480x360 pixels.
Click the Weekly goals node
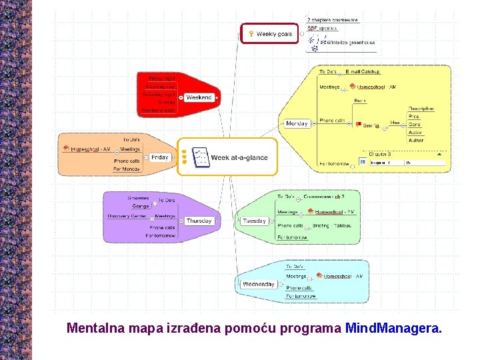270,33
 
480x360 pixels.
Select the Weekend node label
199,97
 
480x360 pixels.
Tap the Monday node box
297,123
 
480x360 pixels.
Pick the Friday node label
159,157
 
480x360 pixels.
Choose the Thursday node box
199,221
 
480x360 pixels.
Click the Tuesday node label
254,221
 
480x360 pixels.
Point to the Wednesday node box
259,284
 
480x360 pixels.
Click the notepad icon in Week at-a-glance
199,157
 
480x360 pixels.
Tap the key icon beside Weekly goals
250,33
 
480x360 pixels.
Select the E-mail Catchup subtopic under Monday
363,71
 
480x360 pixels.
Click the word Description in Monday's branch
421,108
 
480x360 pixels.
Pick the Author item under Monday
415,140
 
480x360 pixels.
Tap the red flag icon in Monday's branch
358,124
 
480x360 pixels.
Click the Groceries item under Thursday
138,198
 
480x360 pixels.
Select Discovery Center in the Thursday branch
127,216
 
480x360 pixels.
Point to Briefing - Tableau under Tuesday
331,225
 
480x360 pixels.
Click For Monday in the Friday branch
127,169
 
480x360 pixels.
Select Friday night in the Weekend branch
161,78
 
